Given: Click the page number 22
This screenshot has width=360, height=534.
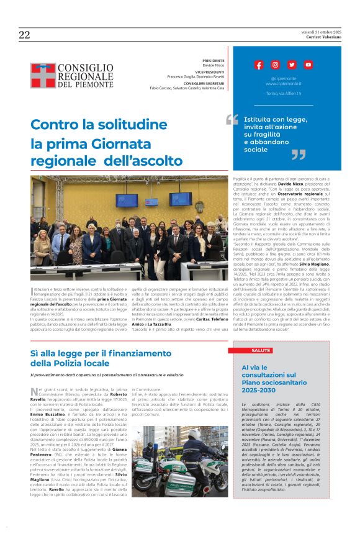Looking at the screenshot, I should coord(24,35).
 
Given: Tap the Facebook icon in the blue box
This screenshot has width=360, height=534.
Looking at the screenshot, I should coord(259,65).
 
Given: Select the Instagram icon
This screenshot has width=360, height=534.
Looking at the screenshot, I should coord(275,65).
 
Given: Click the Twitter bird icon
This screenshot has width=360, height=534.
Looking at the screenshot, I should coord(292,65).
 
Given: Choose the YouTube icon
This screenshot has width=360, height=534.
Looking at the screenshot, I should coord(308,65).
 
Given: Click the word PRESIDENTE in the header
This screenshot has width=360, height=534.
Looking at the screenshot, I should coord(213,61).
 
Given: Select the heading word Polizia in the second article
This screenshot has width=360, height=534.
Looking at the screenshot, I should coord(65,363).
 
